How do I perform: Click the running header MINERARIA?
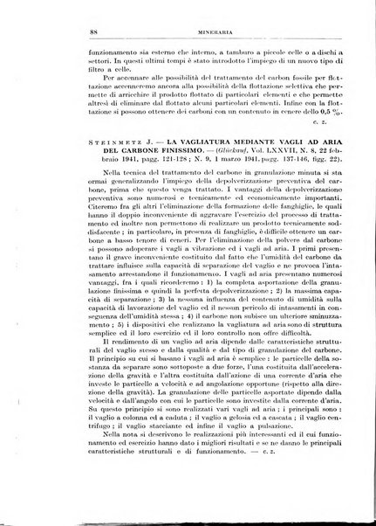[188, 31]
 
